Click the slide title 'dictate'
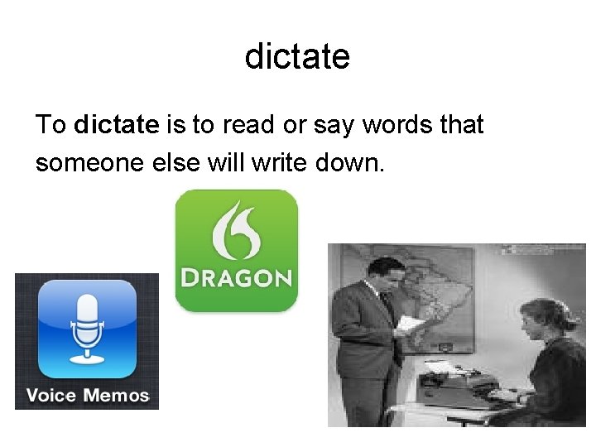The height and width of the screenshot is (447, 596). point(297,57)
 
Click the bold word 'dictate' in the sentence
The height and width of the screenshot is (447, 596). point(116,125)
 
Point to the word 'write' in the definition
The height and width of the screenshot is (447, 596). point(278,162)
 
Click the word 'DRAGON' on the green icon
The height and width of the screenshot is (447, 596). point(236,276)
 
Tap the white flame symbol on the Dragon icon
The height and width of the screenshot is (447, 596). point(236,229)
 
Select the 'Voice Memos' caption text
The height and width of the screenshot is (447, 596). point(87,395)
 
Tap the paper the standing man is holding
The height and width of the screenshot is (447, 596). point(411,323)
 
